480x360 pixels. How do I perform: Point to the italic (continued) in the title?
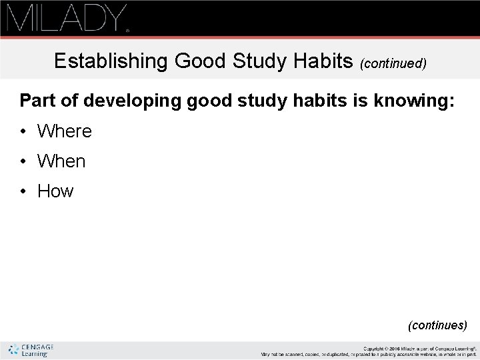[393, 64]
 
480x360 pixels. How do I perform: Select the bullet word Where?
[65, 131]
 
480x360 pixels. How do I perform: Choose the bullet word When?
[62, 161]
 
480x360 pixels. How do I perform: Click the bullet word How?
[55, 191]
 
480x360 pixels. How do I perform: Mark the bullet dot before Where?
[24, 131]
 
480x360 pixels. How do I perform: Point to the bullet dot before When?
[24, 161]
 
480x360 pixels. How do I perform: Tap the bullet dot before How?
[24, 191]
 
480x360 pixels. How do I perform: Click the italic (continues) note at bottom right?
[437, 325]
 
